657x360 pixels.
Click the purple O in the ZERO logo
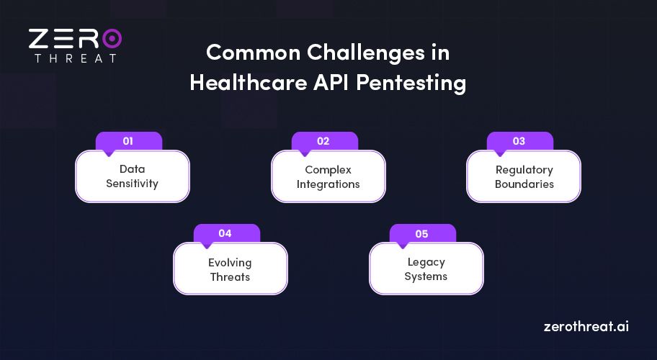(x=112, y=38)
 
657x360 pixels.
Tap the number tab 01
(x=128, y=141)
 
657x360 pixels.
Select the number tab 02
(x=323, y=141)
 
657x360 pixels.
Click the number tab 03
(x=519, y=141)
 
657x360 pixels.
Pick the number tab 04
(x=225, y=233)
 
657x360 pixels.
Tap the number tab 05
(x=422, y=233)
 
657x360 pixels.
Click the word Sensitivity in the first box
(x=132, y=184)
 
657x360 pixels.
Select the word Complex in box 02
(x=328, y=170)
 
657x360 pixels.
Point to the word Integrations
(x=328, y=184)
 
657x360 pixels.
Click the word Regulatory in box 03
(x=524, y=170)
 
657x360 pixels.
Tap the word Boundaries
(x=524, y=184)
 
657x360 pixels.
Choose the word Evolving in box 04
(x=230, y=262)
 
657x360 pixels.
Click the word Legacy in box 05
(x=426, y=262)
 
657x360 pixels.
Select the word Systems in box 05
(x=426, y=276)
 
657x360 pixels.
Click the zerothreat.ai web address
(x=586, y=326)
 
